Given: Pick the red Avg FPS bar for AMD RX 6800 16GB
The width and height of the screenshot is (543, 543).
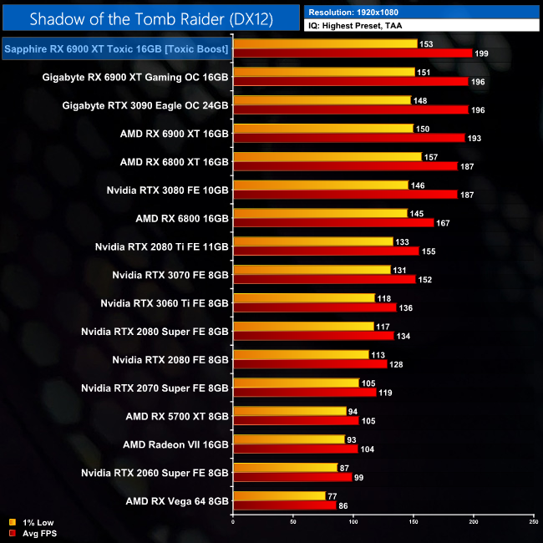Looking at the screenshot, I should pyautogui.click(x=333, y=223).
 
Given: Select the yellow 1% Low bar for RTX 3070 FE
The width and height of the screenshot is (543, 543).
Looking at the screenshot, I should pyautogui.click(x=312, y=269).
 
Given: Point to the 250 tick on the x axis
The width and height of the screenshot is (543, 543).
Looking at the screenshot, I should pyautogui.click(x=533, y=522).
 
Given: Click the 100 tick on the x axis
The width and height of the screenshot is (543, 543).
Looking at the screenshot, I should pyautogui.click(x=353, y=522).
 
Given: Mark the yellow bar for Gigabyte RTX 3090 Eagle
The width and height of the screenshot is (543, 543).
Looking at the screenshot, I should pyautogui.click(x=322, y=100).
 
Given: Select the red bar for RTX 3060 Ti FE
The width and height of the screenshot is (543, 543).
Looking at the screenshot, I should pyautogui.click(x=315, y=307).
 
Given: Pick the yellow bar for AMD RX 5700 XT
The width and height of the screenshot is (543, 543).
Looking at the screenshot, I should pyautogui.click(x=289, y=410).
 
